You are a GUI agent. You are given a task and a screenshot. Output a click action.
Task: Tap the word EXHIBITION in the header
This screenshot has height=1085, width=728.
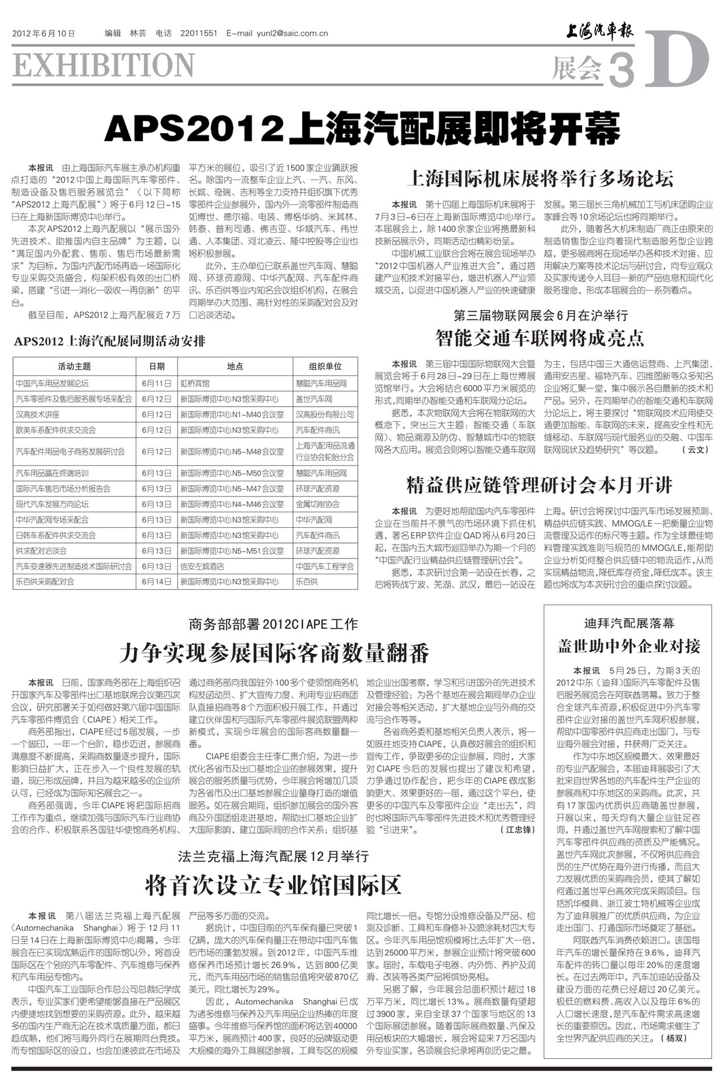(104, 65)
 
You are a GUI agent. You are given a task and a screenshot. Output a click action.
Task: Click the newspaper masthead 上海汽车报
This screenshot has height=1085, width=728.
(599, 31)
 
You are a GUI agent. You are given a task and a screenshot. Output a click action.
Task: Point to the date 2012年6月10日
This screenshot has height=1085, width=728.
(43, 34)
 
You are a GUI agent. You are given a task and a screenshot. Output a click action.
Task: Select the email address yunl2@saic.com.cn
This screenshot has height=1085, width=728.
(277, 34)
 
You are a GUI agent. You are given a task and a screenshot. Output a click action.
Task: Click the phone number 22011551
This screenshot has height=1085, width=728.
(198, 34)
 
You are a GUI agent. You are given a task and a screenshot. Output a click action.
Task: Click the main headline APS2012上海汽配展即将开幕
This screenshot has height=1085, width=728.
(362, 130)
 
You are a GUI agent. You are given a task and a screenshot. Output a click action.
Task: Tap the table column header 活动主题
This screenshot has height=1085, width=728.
(74, 366)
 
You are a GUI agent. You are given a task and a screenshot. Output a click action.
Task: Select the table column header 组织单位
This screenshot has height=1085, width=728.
(325, 366)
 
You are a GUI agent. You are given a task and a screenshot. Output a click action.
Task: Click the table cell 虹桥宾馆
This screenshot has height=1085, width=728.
(195, 384)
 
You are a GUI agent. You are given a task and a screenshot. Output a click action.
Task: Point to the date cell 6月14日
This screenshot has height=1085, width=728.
(156, 582)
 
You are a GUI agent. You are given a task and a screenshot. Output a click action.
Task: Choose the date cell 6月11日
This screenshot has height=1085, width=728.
(156, 384)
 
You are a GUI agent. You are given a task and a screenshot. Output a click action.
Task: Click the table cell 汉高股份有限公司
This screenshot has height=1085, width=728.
(325, 415)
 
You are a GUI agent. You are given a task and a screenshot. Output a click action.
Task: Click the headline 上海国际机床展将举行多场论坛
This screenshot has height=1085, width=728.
(540, 179)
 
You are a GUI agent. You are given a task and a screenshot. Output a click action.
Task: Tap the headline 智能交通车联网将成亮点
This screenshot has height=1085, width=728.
(540, 338)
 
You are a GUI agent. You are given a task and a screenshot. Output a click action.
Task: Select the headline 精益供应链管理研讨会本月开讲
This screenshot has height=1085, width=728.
(540, 485)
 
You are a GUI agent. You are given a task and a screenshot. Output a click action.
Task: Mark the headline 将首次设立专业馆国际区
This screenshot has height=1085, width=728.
(273, 884)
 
